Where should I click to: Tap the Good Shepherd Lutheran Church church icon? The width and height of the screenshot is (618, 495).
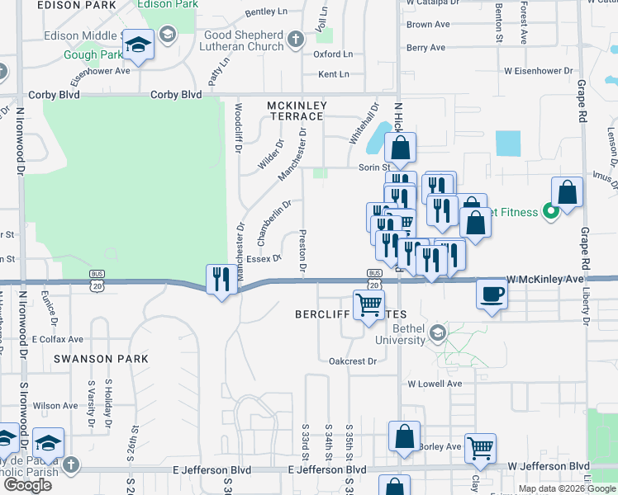pyautogui.click(x=296, y=39)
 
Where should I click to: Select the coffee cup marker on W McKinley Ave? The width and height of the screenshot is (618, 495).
pyautogui.click(x=492, y=294)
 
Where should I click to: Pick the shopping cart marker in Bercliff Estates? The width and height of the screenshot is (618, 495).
pyautogui.click(x=368, y=304)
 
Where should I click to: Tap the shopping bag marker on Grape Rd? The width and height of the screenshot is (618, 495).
pyautogui.click(x=567, y=192)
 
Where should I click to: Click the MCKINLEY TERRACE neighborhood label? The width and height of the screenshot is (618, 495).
pyautogui.click(x=297, y=111)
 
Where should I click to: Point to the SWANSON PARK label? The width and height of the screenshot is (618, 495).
pyautogui.click(x=102, y=359)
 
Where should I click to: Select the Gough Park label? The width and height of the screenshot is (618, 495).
pyautogui.click(x=92, y=55)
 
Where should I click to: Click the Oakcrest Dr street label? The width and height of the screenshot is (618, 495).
pyautogui.click(x=352, y=361)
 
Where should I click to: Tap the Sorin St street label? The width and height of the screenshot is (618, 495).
pyautogui.click(x=373, y=167)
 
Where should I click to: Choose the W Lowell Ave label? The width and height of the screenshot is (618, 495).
pyautogui.click(x=435, y=384)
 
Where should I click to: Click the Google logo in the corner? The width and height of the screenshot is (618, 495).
pyautogui.click(x=27, y=485)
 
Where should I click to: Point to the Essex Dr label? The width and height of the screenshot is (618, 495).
pyautogui.click(x=264, y=258)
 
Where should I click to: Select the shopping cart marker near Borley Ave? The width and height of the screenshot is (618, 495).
pyautogui.click(x=479, y=448)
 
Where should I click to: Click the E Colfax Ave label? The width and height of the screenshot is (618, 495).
pyautogui.click(x=58, y=339)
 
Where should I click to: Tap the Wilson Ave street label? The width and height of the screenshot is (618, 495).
pyautogui.click(x=56, y=406)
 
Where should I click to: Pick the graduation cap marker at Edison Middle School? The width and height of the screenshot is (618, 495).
pyautogui.click(x=139, y=45)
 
